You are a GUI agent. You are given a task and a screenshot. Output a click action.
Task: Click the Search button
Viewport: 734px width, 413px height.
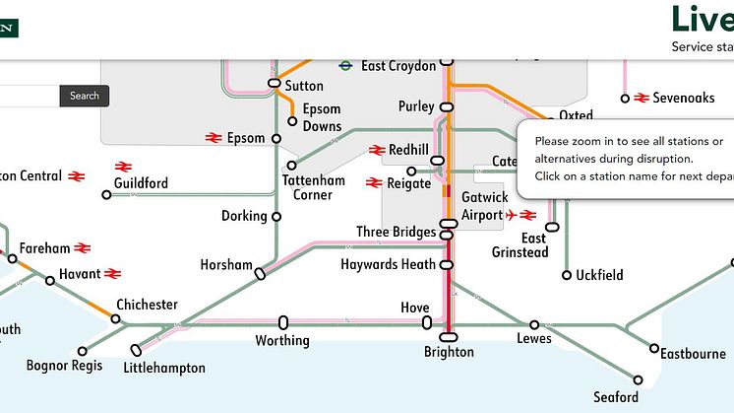click(x=85, y=96)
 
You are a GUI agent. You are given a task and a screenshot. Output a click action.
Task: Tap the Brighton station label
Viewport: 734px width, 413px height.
click(x=449, y=352)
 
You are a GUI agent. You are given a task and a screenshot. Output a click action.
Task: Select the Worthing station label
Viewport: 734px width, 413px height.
click(x=282, y=341)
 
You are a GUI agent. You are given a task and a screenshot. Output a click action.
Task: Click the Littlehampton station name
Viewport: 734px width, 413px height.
click(x=164, y=368)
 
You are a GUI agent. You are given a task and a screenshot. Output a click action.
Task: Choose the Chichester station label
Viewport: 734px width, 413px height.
click(x=147, y=305)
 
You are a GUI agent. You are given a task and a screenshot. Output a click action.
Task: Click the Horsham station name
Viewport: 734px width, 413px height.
click(x=227, y=265)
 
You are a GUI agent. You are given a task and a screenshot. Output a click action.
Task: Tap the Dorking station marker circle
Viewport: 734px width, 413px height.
click(x=276, y=217)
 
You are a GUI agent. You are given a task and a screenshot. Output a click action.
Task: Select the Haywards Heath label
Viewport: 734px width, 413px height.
click(x=388, y=265)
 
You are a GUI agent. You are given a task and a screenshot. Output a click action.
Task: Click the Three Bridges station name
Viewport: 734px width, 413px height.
click(x=396, y=233)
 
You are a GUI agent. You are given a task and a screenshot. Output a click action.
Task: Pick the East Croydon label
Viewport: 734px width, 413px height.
click(x=398, y=66)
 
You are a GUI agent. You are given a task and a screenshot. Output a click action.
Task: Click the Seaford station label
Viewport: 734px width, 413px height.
click(x=616, y=397)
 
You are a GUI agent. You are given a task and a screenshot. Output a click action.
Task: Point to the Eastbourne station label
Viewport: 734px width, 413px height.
click(x=693, y=353)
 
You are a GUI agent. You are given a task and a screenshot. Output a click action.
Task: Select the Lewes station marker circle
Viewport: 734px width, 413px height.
click(x=534, y=324)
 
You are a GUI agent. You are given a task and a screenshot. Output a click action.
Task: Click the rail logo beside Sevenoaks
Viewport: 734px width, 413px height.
click(x=642, y=98)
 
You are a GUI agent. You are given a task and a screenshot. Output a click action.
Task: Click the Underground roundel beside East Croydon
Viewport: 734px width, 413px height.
click(x=346, y=66)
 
